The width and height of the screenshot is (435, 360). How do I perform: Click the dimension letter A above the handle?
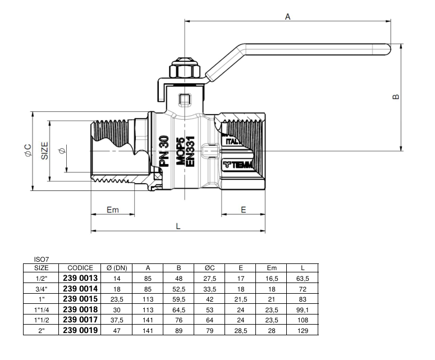click(x=287, y=16)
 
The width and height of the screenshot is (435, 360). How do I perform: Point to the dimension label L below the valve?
click(x=178, y=226)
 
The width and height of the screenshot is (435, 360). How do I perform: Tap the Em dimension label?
click(x=113, y=209)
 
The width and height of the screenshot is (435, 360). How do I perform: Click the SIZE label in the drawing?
click(x=45, y=151)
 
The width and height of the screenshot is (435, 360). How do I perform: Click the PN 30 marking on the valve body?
click(x=163, y=152)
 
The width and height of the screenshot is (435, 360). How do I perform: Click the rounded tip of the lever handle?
click(x=388, y=49)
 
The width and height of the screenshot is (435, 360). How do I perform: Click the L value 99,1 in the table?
click(x=303, y=309)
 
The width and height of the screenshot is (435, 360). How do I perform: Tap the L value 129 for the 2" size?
click(x=303, y=330)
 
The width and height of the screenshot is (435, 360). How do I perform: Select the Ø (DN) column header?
click(x=117, y=268)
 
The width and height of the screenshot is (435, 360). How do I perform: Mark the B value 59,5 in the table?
click(x=178, y=299)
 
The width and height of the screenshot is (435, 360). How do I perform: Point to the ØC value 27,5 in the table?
click(x=209, y=278)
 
